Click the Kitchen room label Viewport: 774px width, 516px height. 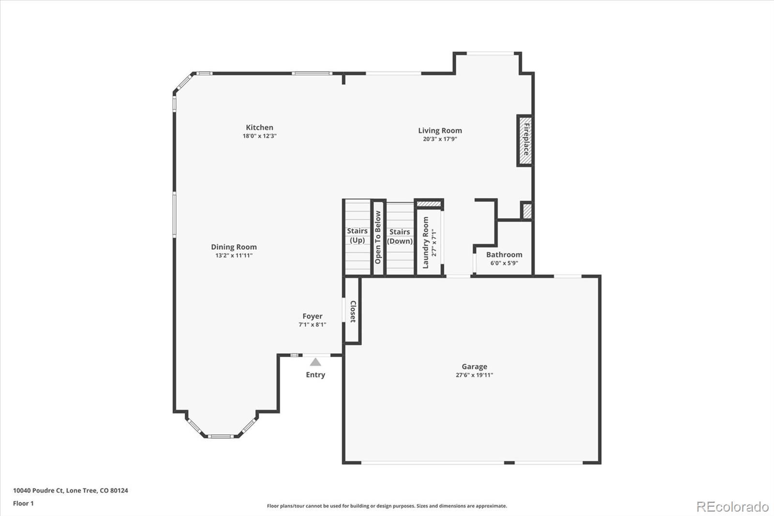click(x=259, y=128)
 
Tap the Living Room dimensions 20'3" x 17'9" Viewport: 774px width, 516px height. click(x=440, y=139)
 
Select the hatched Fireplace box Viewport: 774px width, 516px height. click(x=525, y=141)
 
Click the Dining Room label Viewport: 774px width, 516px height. click(x=234, y=247)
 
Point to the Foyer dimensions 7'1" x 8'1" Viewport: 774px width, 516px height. click(x=312, y=325)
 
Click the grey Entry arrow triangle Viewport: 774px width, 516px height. click(x=315, y=362)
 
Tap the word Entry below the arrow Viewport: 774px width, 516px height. click(x=315, y=375)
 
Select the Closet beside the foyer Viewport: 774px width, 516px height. click(x=353, y=311)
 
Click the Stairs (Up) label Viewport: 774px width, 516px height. click(x=357, y=236)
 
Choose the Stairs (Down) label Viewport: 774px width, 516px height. click(x=400, y=237)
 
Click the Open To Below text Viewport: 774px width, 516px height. click(x=378, y=237)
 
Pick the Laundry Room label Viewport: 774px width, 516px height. click(x=426, y=243)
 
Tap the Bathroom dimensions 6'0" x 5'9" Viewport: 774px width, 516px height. click(x=504, y=263)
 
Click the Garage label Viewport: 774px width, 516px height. click(x=474, y=366)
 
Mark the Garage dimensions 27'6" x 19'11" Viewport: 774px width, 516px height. click(x=474, y=375)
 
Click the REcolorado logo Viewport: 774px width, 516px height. click(x=732, y=506)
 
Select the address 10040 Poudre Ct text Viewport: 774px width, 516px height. click(x=70, y=490)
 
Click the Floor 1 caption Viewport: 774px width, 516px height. click(x=23, y=503)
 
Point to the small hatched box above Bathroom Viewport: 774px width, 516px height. click(x=527, y=211)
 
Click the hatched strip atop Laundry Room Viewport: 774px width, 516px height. click(x=429, y=204)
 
